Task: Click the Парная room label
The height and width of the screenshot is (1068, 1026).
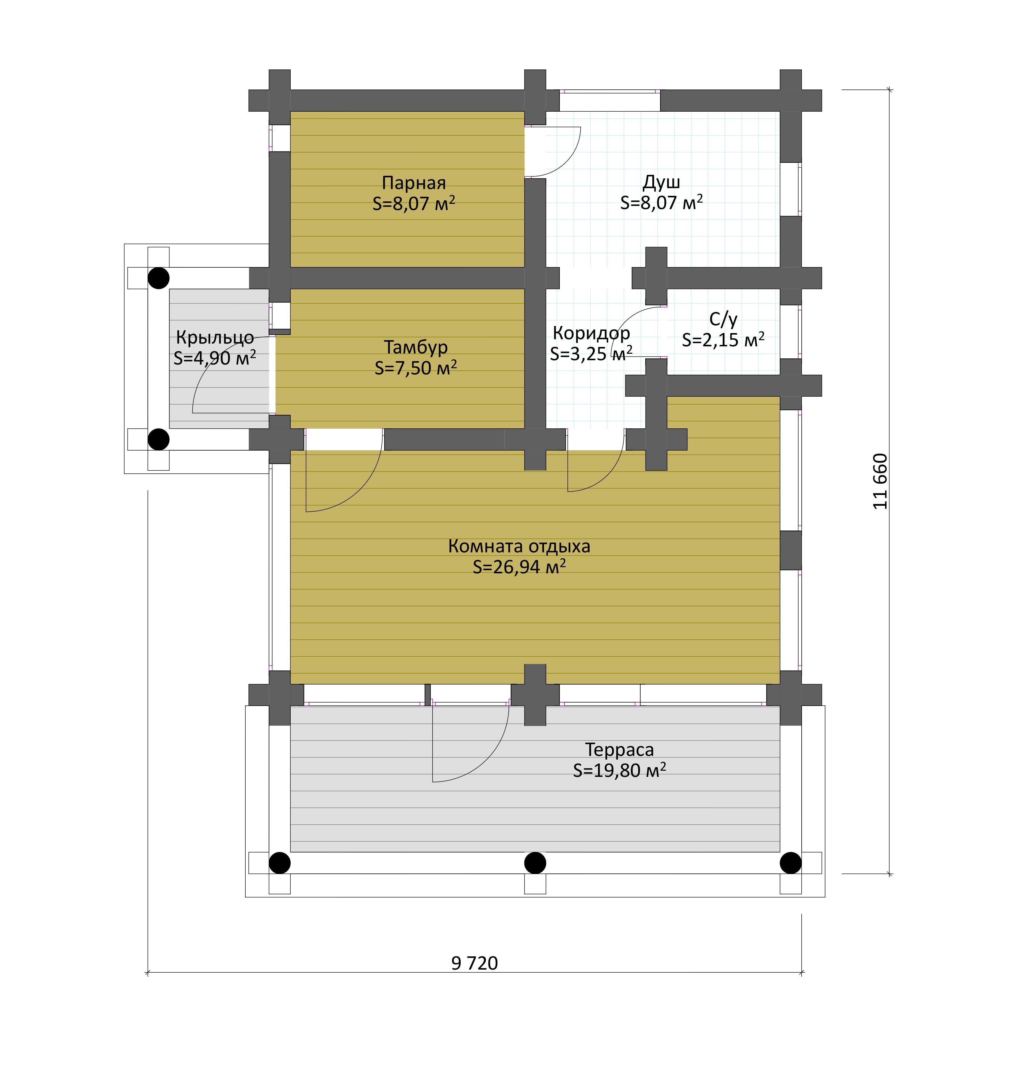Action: click(x=414, y=183)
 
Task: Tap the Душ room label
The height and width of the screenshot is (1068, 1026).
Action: click(x=661, y=181)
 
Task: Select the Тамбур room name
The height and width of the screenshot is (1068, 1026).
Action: click(x=416, y=347)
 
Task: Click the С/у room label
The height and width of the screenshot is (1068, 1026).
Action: click(x=723, y=319)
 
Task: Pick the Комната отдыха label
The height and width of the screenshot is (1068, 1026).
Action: click(x=519, y=546)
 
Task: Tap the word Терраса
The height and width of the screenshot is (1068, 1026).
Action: click(x=619, y=750)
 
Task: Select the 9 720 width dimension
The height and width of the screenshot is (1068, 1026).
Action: click(x=474, y=963)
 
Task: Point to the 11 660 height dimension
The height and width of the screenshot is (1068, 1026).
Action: click(x=880, y=481)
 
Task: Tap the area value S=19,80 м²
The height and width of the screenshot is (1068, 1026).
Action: click(x=619, y=770)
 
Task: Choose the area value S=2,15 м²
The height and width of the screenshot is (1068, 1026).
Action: click(x=723, y=340)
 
